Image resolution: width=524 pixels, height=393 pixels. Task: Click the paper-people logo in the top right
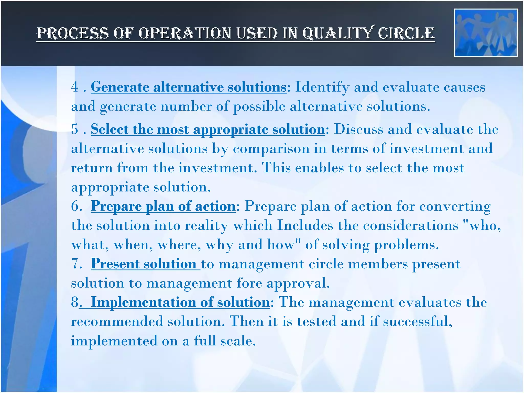[x=485, y=33]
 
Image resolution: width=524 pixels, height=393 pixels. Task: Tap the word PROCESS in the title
[x=73, y=34]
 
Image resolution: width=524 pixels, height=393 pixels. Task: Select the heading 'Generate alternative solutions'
[x=189, y=87]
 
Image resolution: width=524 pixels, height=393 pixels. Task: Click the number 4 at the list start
[x=75, y=87]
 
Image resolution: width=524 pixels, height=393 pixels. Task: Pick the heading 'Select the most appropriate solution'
[x=208, y=129]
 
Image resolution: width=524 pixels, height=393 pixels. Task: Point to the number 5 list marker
[x=75, y=129]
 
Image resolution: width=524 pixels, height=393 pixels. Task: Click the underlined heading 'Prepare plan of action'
[x=163, y=206]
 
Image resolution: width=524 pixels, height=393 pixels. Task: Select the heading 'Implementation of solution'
[x=180, y=302]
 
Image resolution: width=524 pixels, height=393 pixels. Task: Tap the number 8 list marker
[x=75, y=302]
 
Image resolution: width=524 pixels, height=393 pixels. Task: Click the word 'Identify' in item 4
[x=322, y=87]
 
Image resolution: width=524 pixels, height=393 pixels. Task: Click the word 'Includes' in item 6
[x=305, y=225]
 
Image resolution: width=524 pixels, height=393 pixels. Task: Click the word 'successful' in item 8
[x=417, y=321]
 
